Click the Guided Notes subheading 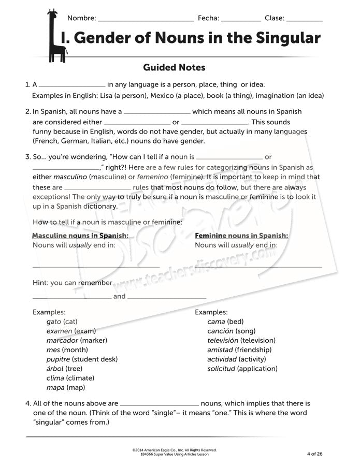click(x=174, y=67)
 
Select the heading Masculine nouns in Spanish click(x=80, y=236)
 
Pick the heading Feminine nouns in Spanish click(x=241, y=236)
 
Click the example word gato click(x=53, y=322)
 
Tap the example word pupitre click(x=58, y=359)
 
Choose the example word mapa click(x=55, y=387)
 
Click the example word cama click(x=216, y=322)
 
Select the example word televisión click(x=223, y=340)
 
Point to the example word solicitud click(x=221, y=368)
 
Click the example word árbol click(x=55, y=368)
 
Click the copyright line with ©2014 click(x=175, y=450)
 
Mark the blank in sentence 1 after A click(x=72, y=85)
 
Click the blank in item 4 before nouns click(x=159, y=404)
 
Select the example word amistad click(x=221, y=349)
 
